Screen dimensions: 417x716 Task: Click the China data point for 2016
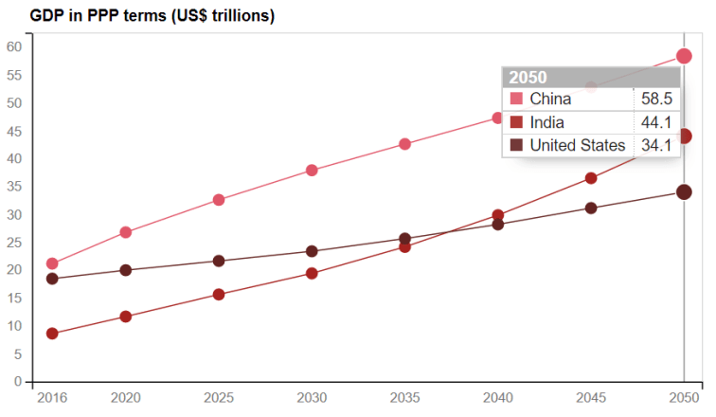point(52,263)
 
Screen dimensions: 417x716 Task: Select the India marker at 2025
point(219,294)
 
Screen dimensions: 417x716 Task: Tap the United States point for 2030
point(312,251)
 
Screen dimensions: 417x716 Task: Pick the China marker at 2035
point(404,144)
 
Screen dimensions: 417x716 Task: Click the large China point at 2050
point(684,56)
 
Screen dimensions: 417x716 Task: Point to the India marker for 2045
point(591,178)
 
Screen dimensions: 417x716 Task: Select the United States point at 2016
point(52,279)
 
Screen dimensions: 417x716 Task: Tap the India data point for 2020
point(126,317)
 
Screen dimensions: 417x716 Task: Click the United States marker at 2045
point(591,208)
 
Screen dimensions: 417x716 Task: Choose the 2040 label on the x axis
point(497,398)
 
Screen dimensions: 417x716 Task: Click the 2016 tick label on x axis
point(52,398)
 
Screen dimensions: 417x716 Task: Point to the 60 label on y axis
point(14,46)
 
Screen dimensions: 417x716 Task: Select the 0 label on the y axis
point(18,382)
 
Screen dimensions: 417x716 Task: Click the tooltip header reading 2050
point(528,78)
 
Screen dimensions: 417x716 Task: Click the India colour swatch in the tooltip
point(516,122)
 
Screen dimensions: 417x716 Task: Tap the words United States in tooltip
point(578,145)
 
